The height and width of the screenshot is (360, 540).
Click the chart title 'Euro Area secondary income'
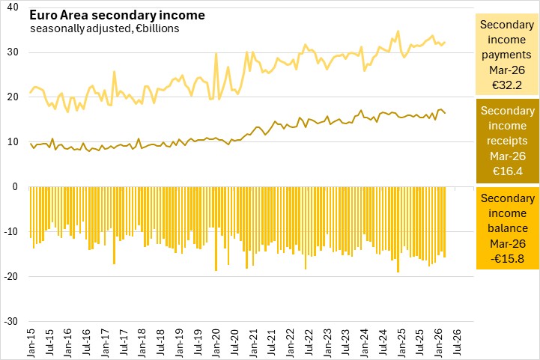pos(117,15)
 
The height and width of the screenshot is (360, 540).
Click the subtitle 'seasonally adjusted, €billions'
pos(105,28)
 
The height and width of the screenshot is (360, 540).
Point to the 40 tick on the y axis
pos(13,7)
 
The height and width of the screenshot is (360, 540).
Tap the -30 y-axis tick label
pos(11,321)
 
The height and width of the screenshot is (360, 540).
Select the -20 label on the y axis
pos(11,276)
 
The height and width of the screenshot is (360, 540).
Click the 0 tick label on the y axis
pos(15,186)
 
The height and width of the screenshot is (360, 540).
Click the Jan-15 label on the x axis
pos(31,343)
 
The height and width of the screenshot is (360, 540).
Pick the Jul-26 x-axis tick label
pos(457,343)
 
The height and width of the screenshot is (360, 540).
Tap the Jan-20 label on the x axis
pos(216,343)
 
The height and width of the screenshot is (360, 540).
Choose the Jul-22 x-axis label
pos(309,343)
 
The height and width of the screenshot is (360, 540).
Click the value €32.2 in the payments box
pos(507,85)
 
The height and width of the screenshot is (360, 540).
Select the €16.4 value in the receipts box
pos(507,171)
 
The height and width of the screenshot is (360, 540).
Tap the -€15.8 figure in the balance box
pos(507,258)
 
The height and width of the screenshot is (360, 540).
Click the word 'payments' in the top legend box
pos(506,55)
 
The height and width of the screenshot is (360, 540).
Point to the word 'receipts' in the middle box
pos(507,141)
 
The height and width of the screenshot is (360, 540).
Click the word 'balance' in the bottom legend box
pos(508,228)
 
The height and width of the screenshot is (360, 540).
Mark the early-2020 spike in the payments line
pos(216,53)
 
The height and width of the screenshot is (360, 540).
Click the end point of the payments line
pos(446,43)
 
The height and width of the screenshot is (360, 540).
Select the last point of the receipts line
pos(446,113)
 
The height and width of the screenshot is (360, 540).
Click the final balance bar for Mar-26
pos(445,222)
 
